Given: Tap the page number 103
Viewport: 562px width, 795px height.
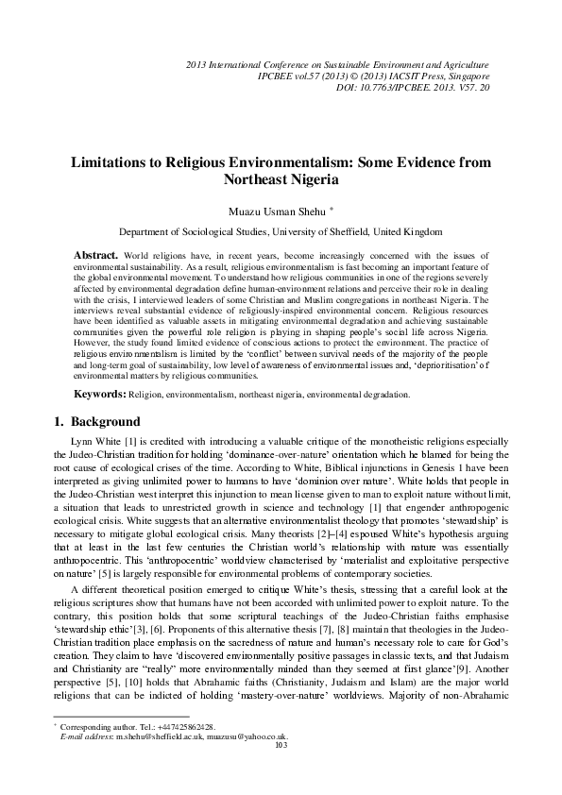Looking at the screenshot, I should (280, 771).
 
